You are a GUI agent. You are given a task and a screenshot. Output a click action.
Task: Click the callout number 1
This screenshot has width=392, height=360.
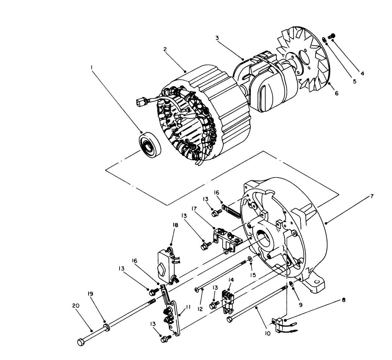(92, 67)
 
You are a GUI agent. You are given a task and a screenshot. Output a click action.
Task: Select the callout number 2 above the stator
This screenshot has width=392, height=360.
(165, 49)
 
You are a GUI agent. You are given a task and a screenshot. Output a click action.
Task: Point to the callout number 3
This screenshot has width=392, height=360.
(217, 38)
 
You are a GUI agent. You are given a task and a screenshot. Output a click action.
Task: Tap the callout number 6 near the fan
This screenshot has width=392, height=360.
(336, 93)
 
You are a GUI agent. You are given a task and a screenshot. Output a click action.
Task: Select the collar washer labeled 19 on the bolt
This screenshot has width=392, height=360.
(106, 327)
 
